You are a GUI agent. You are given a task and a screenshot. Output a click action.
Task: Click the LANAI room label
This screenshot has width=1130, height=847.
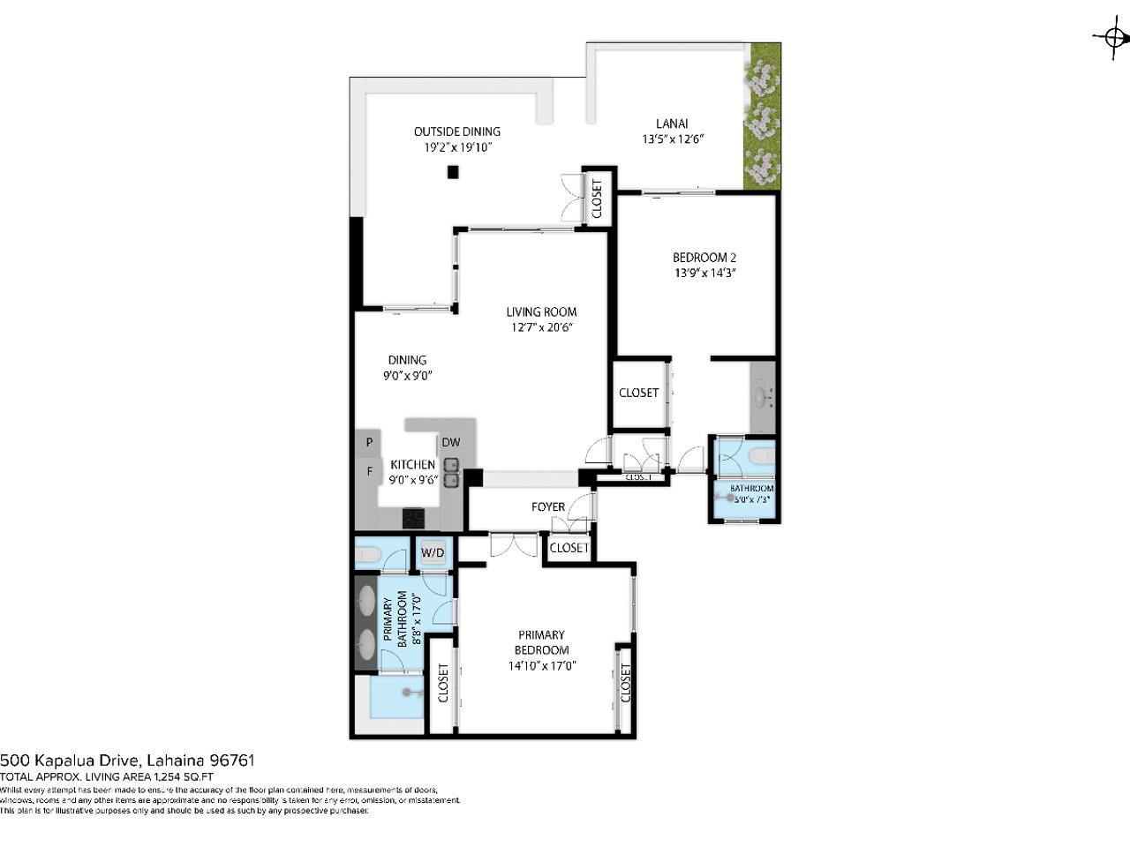tap(672, 124)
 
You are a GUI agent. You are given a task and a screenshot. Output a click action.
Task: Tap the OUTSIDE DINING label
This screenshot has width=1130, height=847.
tap(456, 131)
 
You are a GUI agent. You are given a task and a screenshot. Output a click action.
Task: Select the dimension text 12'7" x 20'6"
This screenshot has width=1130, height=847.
tap(542, 327)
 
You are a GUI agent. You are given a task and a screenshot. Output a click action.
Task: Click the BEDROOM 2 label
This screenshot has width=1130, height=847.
tap(704, 258)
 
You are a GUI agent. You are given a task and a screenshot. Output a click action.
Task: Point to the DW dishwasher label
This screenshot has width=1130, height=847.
tap(450, 442)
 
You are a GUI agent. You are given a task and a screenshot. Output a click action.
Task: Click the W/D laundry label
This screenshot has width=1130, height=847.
tap(433, 553)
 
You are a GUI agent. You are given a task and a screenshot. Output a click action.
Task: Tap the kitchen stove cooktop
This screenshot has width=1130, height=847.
tap(413, 518)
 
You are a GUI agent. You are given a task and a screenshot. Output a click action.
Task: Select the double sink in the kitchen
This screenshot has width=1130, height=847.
tap(451, 473)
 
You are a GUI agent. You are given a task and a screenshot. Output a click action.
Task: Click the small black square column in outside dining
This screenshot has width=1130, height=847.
tap(453, 173)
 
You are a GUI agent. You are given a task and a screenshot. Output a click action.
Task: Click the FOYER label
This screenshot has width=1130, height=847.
tap(547, 506)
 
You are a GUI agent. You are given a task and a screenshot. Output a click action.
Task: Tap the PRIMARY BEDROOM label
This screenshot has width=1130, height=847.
tap(541, 642)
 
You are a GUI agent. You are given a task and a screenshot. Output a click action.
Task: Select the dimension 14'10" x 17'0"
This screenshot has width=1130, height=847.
tap(541, 666)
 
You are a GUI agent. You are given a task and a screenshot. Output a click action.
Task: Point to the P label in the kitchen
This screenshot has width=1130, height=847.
tap(369, 442)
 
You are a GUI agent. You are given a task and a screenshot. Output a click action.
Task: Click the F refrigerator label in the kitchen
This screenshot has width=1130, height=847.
tap(369, 472)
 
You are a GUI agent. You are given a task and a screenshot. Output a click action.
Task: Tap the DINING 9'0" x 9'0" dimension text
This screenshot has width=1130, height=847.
tap(407, 375)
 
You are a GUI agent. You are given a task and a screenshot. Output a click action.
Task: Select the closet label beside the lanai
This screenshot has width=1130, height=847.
tap(597, 199)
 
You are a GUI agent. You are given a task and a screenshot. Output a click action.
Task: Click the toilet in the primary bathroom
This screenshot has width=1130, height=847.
tap(368, 555)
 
